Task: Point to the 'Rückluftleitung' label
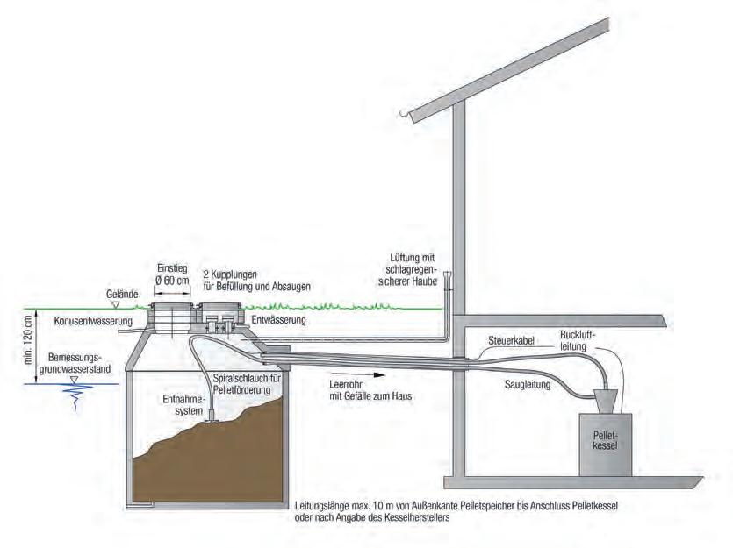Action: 577,340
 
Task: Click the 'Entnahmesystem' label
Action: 183,404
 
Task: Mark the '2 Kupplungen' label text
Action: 231,274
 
